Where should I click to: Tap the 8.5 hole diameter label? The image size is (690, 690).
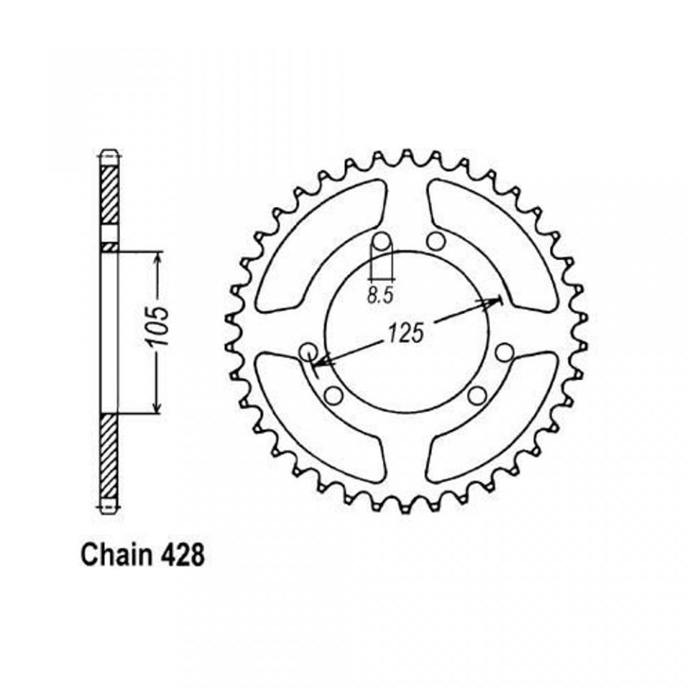pos(379,295)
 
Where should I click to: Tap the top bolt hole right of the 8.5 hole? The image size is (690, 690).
pos(433,241)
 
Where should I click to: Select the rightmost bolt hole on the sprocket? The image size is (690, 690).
pos(505,351)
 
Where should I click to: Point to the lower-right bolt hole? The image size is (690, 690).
pos(477,395)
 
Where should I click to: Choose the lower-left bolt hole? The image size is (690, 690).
pos(333,395)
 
